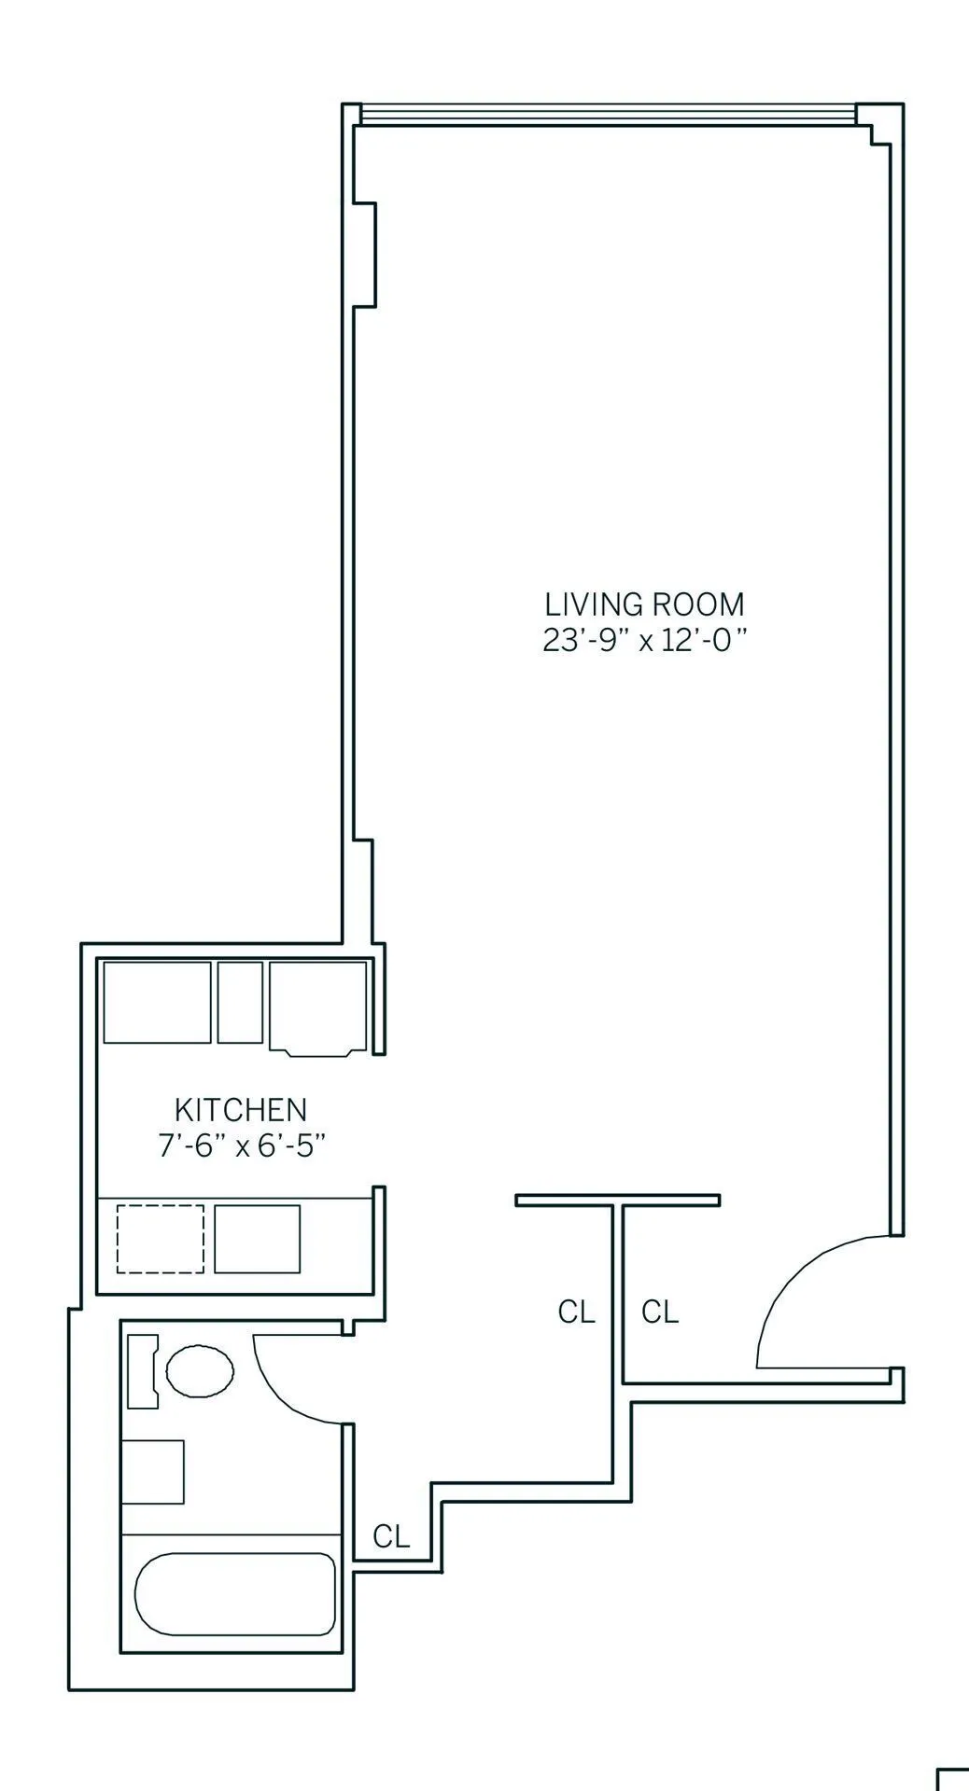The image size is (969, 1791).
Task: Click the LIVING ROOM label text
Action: (645, 604)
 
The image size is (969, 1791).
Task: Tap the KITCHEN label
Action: (241, 1110)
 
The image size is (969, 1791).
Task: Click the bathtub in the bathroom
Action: (235, 1594)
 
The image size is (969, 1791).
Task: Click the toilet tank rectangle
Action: (142, 1371)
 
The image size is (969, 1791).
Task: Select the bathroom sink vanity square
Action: (153, 1471)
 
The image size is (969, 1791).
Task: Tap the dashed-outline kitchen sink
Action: (161, 1239)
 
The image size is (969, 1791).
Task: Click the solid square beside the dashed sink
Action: (258, 1239)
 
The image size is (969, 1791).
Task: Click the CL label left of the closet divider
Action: (576, 1312)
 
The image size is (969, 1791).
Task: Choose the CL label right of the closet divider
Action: (660, 1312)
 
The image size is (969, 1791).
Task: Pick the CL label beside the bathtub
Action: (391, 1536)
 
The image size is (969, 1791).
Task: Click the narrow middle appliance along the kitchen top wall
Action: (240, 1002)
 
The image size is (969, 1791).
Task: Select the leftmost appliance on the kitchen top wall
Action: (157, 1002)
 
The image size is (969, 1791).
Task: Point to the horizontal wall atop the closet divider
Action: (617, 1201)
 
